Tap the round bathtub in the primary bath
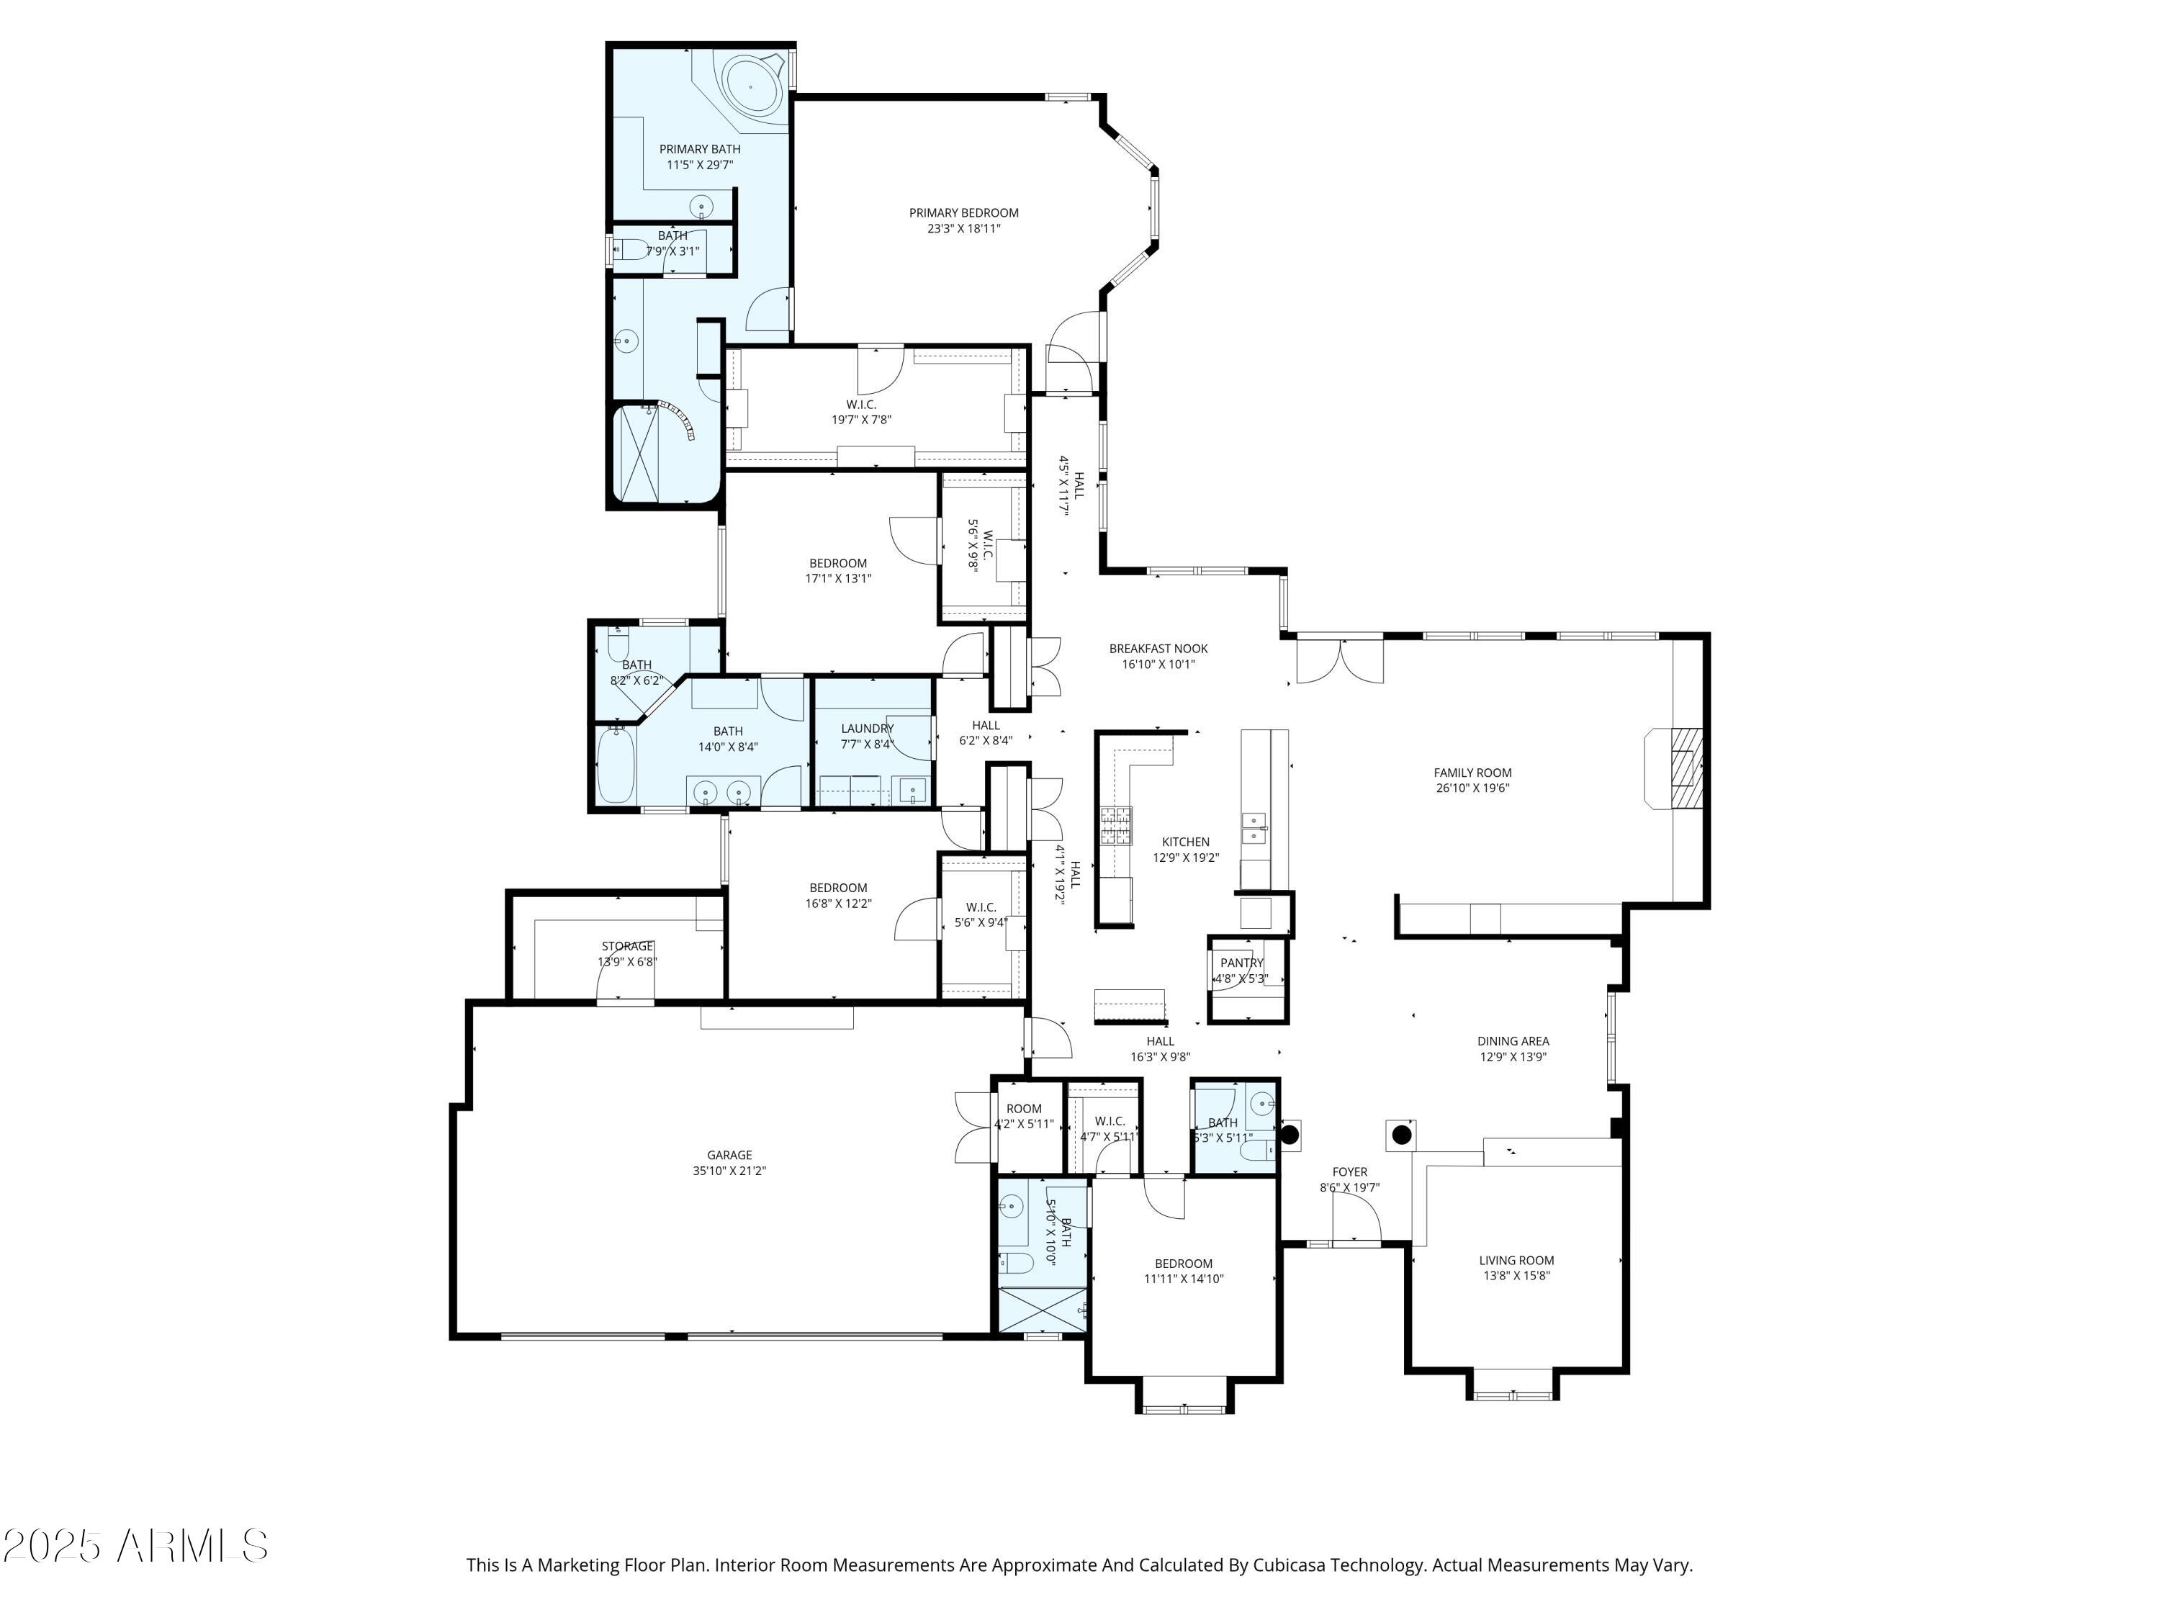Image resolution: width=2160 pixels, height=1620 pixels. click(750, 88)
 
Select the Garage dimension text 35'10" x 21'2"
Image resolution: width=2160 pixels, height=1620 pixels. click(729, 1171)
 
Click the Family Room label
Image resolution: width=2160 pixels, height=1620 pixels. click(1472, 773)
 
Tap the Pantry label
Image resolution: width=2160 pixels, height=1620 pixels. click(1241, 963)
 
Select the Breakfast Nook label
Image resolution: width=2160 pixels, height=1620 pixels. click(1158, 649)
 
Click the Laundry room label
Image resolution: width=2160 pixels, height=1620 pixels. click(867, 729)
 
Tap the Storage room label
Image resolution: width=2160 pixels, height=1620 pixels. click(627, 946)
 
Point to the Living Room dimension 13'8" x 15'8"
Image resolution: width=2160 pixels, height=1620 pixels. click(1516, 1275)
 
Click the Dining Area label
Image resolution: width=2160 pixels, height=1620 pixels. click(1513, 1041)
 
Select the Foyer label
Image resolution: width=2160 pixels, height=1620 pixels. click(1349, 1171)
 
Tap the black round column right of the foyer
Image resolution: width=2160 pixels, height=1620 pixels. click(1401, 1135)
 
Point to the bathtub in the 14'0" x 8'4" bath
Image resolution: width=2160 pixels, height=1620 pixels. click(615, 768)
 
